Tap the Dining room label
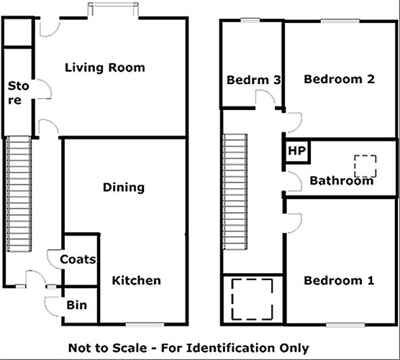(123, 188)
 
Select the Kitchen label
(136, 280)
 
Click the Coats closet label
(78, 259)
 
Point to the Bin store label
(77, 305)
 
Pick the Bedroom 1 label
(338, 280)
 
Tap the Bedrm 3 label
(253, 80)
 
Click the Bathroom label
(341, 180)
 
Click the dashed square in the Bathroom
(368, 166)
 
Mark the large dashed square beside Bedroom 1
(251, 298)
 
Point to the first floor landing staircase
(235, 191)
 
